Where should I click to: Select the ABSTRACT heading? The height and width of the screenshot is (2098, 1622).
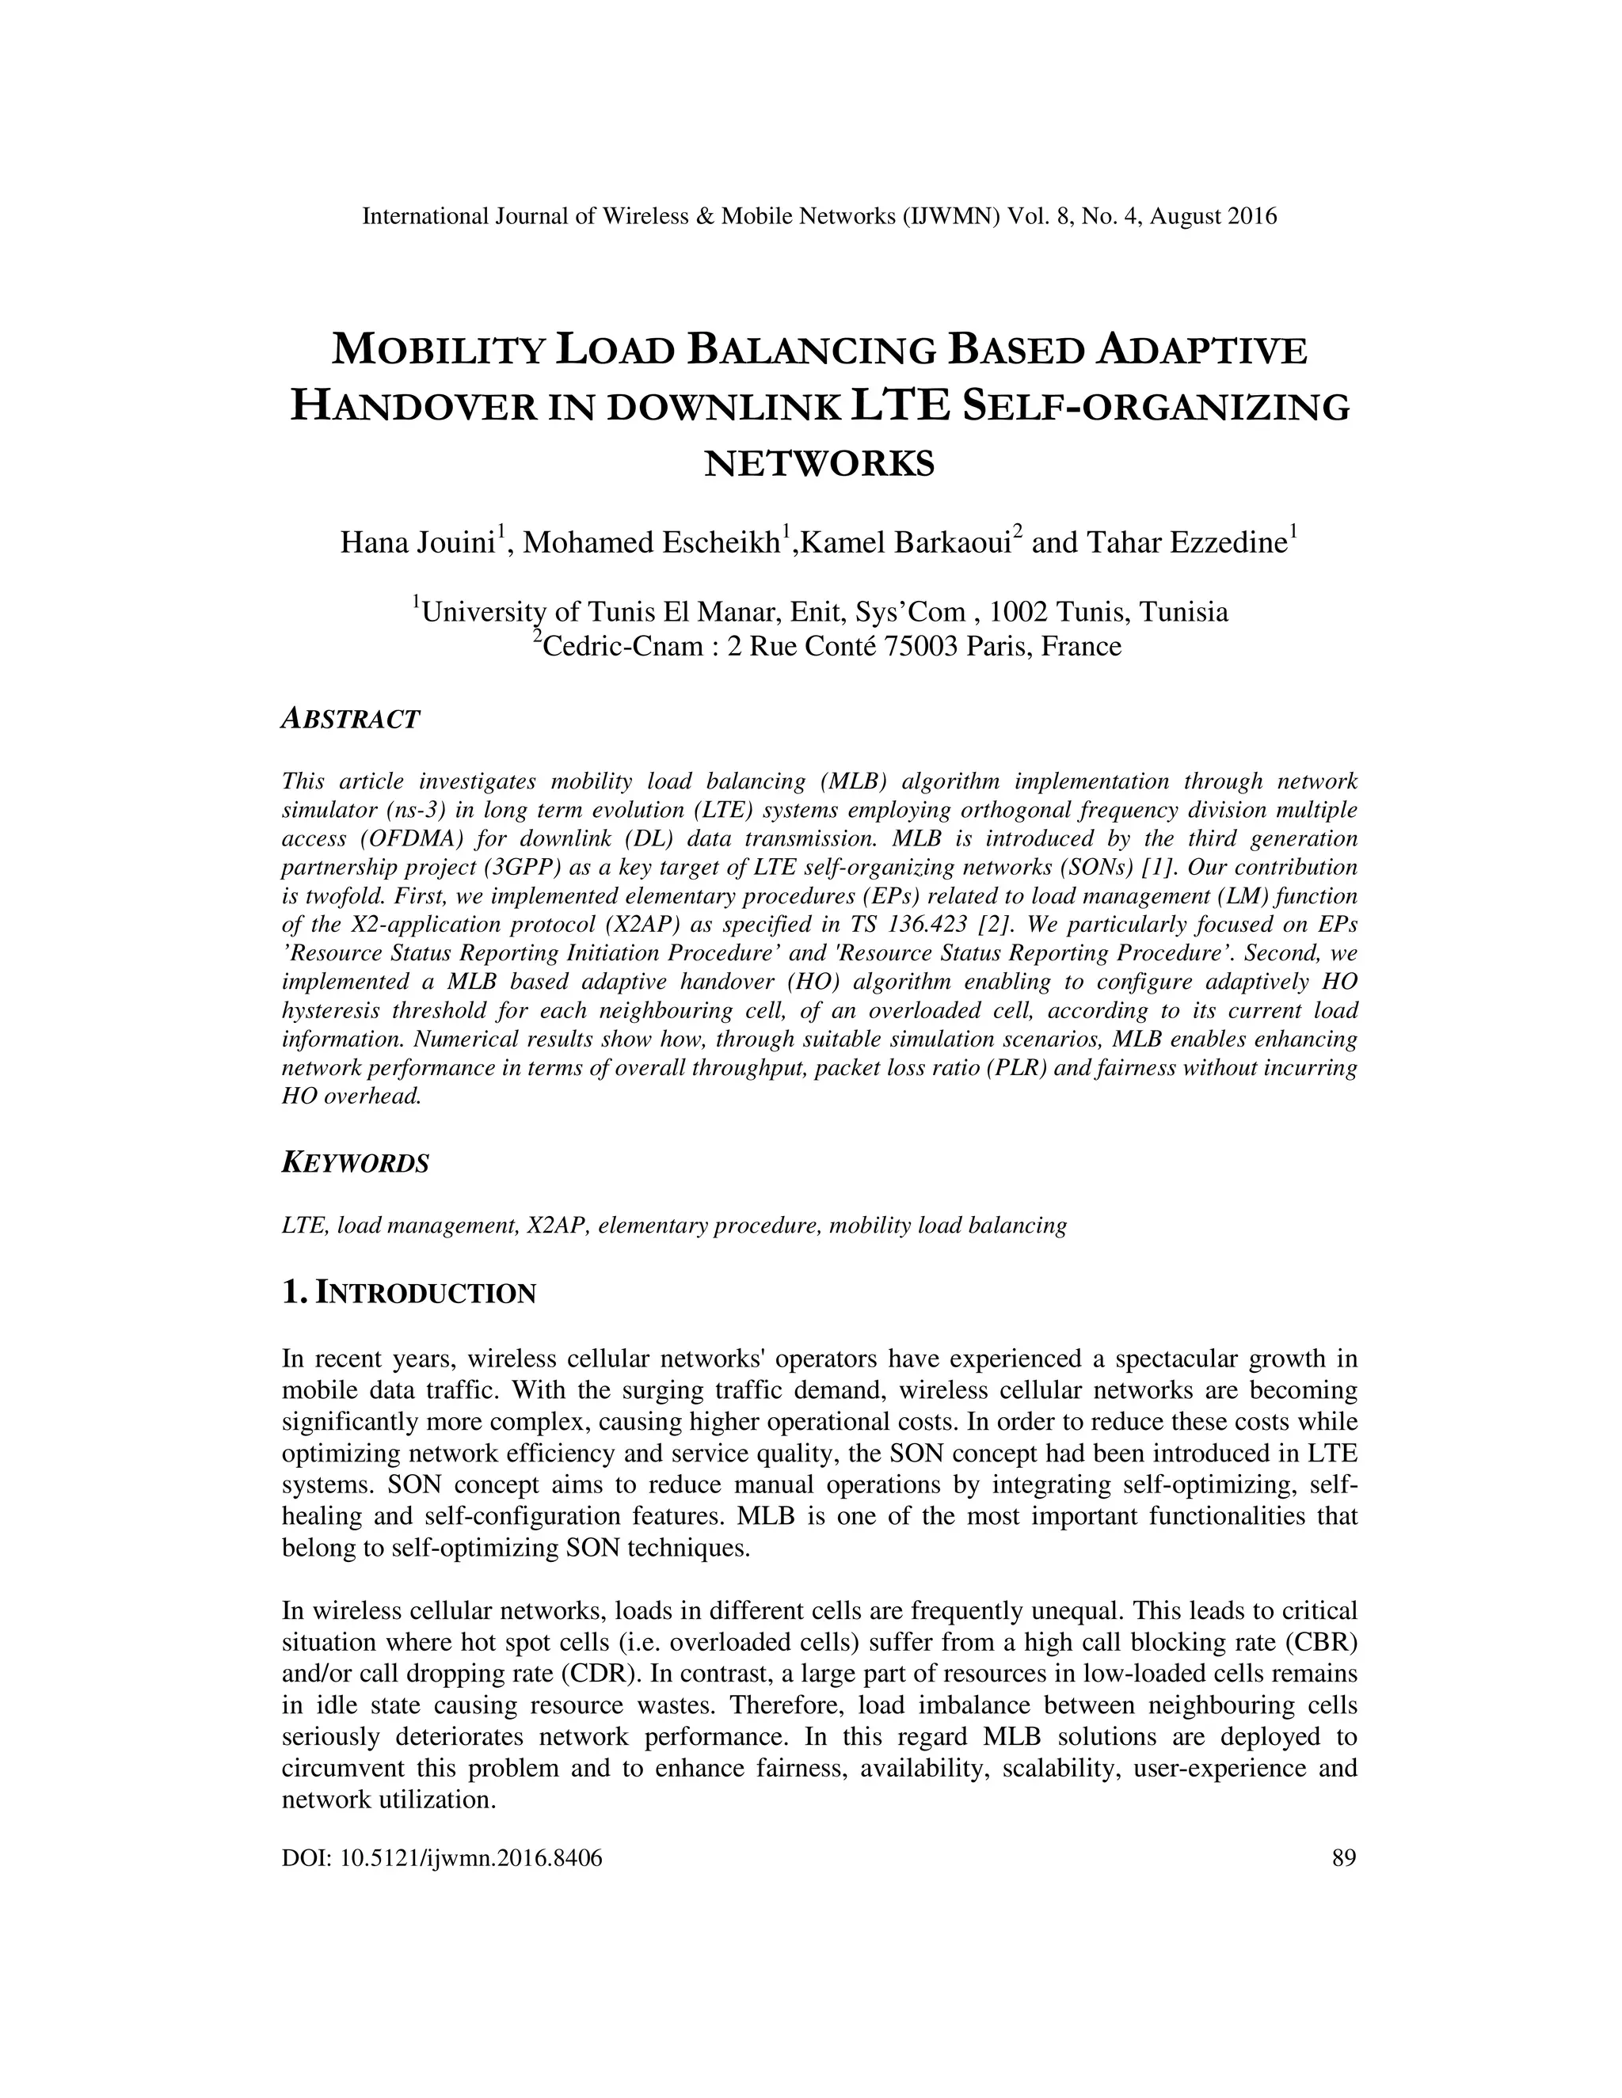(x=351, y=720)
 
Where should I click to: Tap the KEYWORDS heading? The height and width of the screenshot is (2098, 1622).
(x=356, y=1163)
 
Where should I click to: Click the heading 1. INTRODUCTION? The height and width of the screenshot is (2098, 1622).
(x=409, y=1293)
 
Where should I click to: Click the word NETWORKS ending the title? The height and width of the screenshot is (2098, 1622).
(x=820, y=464)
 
